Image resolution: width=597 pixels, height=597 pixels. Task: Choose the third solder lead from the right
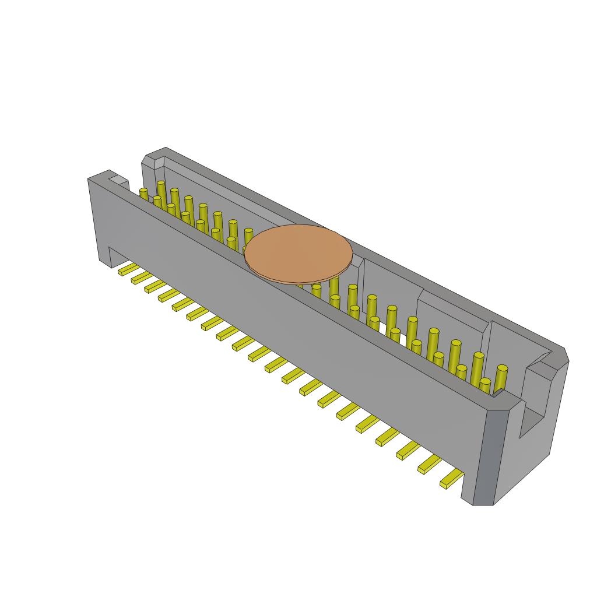409,449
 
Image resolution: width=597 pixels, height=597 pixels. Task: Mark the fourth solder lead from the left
168,294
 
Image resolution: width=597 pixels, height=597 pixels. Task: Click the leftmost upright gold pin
143,194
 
